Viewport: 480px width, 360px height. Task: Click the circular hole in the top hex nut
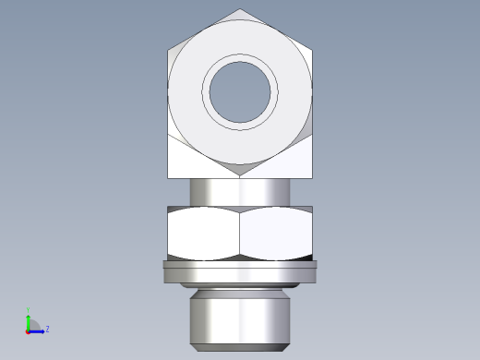click(242, 92)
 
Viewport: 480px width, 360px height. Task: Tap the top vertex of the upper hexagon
click(242, 10)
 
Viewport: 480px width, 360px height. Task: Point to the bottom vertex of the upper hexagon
click(242, 175)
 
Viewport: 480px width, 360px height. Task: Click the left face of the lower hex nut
click(204, 233)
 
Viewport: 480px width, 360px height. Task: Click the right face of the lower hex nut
click(277, 233)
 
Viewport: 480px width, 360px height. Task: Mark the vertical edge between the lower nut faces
click(241, 233)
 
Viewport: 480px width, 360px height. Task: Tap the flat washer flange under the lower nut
click(240, 271)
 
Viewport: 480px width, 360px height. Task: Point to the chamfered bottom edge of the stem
click(240, 348)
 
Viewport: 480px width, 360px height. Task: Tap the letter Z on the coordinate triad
click(47, 328)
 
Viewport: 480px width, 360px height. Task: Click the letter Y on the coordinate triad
click(28, 310)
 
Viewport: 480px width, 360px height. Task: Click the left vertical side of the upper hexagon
click(168, 92)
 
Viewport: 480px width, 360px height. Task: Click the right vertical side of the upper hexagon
click(314, 92)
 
